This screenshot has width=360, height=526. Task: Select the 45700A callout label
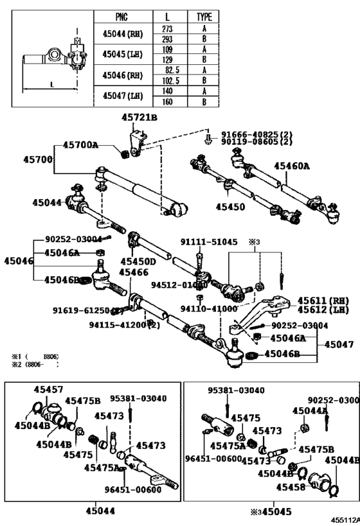click(80, 145)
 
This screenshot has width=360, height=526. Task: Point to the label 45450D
click(138, 261)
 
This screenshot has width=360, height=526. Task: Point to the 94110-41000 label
click(221, 308)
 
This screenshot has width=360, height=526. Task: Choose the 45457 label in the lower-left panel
click(48, 390)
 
